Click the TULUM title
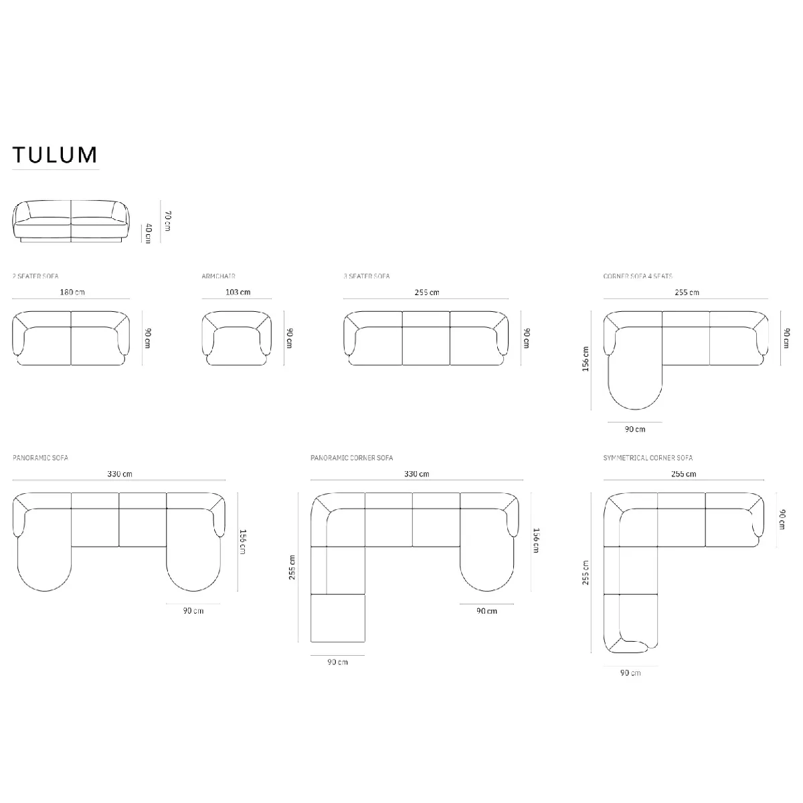tap(55, 155)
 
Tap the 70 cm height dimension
tap(167, 221)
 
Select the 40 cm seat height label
tap(148, 233)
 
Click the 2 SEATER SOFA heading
tap(35, 276)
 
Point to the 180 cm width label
tap(72, 292)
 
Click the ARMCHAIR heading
tap(218, 276)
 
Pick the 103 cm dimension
tap(238, 292)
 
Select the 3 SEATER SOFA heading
tap(367, 276)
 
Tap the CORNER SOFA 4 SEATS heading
tap(638, 276)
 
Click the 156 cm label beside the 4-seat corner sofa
tap(586, 359)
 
